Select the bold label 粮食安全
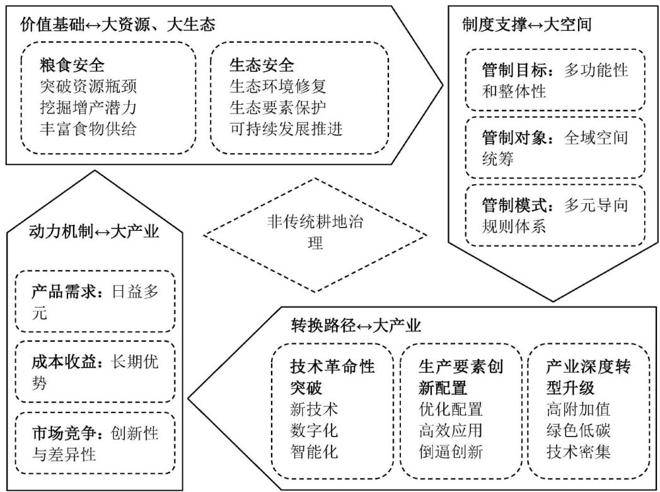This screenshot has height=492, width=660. pyautogui.click(x=71, y=65)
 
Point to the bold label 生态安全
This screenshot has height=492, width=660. pyautogui.click(x=262, y=65)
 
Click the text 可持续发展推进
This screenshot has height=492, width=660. pyautogui.click(x=286, y=128)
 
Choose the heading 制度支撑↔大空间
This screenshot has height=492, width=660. pyautogui.click(x=526, y=25)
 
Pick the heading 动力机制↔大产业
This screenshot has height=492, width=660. pyautogui.click(x=94, y=231)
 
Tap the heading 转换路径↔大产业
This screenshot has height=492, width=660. pyautogui.click(x=356, y=325)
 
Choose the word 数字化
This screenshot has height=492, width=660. pyautogui.click(x=314, y=431)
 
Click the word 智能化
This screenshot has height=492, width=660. pyautogui.click(x=314, y=452)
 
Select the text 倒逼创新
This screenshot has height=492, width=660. pyautogui.click(x=450, y=452)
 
